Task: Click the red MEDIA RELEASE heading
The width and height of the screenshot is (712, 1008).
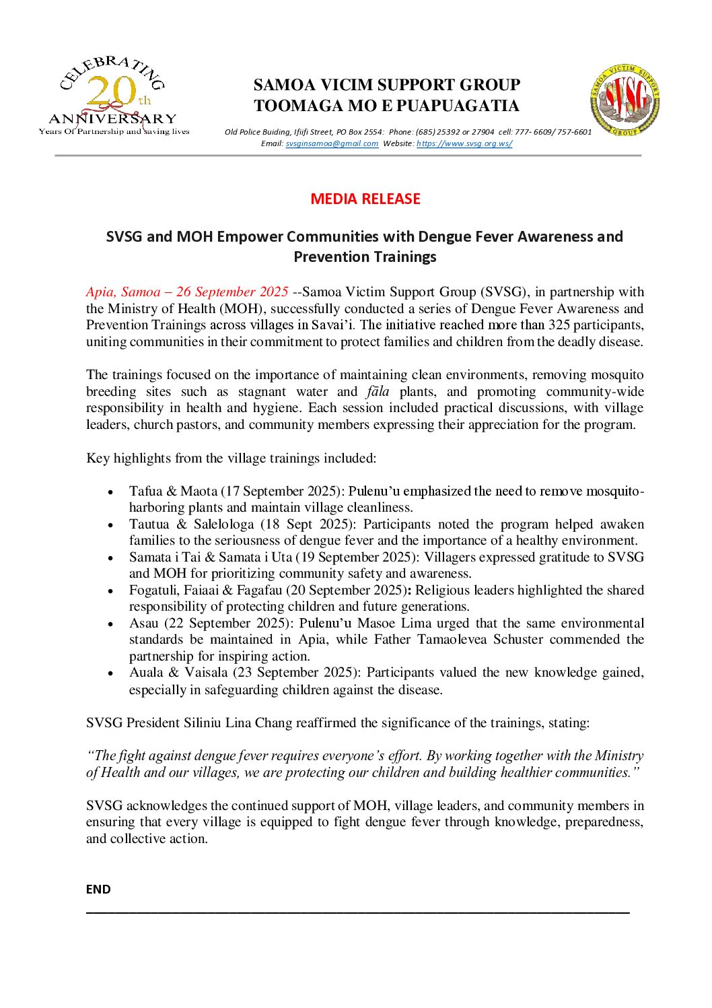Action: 365,199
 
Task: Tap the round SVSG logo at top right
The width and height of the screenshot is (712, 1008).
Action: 625,100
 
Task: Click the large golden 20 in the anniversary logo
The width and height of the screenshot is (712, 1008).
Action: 111,92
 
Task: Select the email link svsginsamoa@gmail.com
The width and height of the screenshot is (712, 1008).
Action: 332,143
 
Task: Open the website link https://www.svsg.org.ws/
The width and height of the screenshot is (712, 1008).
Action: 464,143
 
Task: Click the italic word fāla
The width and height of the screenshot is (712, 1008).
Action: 378,391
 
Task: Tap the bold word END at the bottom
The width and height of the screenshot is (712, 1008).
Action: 98,889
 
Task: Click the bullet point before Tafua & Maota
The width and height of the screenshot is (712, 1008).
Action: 110,492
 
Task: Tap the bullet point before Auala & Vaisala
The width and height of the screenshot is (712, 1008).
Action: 110,673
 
